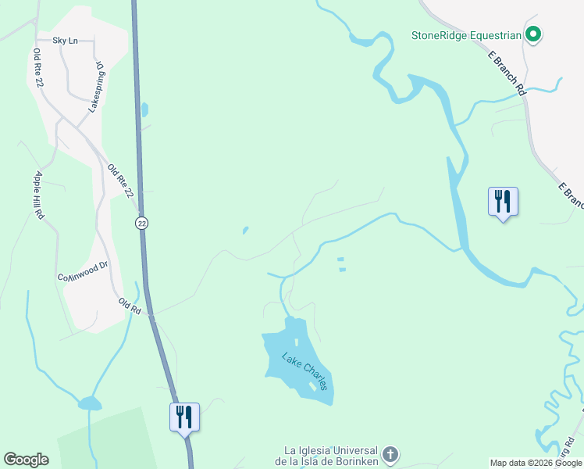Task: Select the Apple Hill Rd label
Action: click(40, 195)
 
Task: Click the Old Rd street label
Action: click(129, 305)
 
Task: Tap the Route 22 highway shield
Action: click(141, 223)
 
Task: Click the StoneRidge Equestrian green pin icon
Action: click(534, 34)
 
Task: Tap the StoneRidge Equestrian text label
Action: click(467, 34)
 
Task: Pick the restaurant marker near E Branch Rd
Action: click(503, 202)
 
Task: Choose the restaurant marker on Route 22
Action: click(185, 416)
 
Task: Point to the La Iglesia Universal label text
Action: click(331, 456)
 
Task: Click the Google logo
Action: click(26, 460)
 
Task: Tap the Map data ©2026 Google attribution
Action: click(536, 463)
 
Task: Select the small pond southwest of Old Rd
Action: click(89, 403)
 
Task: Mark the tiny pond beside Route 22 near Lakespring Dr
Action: click(144, 109)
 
